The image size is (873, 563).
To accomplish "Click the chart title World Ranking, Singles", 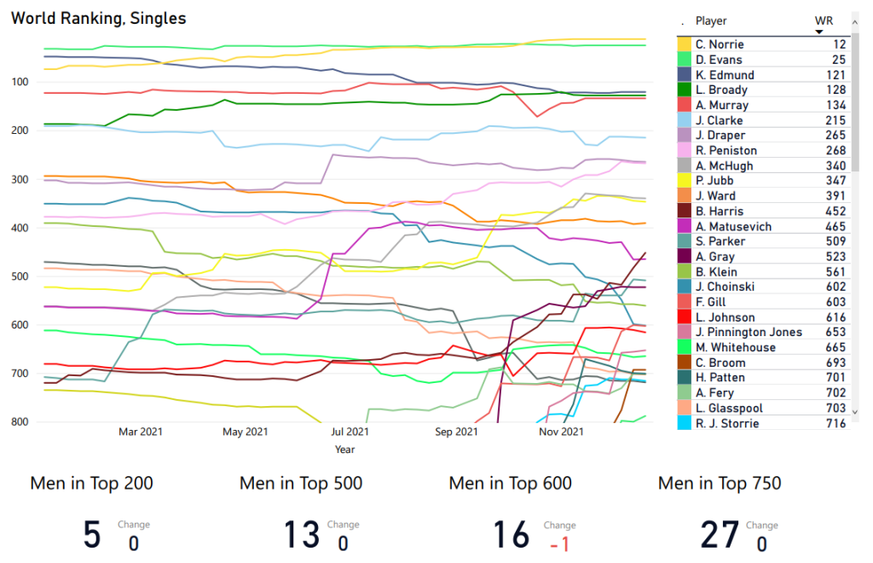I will pos(98,18).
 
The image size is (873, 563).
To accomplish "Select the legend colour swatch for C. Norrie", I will pos(684,44).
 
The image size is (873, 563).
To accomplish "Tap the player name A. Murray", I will pos(722,105).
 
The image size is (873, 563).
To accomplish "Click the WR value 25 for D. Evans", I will pos(839,60).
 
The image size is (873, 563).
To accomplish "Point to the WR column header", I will pos(824,20).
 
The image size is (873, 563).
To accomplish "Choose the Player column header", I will pos(711,20).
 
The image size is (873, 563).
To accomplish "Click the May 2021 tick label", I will pos(245,432).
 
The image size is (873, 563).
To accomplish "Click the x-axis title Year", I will pos(345,449).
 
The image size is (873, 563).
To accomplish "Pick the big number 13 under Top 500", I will pos(302,535).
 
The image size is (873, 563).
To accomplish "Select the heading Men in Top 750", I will pos(720,484).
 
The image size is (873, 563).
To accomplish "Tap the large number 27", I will pos(720,535).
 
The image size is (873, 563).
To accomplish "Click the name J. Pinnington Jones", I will pos(749,332).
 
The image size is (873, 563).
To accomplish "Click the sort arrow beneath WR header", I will pos(819,32).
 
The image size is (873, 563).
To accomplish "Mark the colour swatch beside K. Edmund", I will pos(684,75).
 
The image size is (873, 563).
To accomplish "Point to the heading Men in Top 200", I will pos(92,484).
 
